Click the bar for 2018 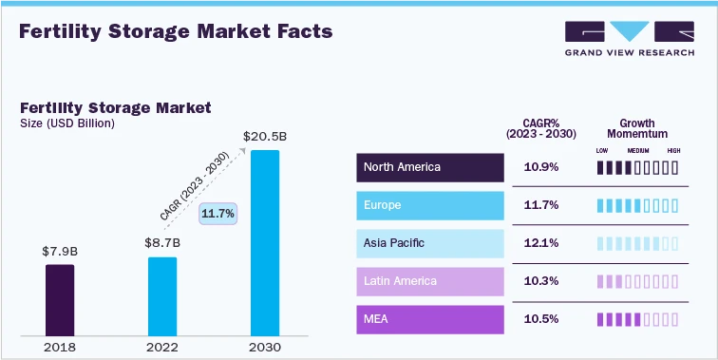tap(60, 299)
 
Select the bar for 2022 tap(162, 295)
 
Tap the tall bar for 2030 tap(264, 242)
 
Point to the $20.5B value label tap(264, 137)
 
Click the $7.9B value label tap(60, 252)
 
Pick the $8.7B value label tap(162, 243)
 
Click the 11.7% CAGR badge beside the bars tap(217, 214)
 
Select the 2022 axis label tap(162, 347)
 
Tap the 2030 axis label tap(264, 347)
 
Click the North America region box tap(430, 167)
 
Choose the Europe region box tap(430, 205)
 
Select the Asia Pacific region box tap(430, 243)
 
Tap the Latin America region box tap(430, 281)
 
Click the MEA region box tap(430, 319)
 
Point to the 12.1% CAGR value tap(541, 243)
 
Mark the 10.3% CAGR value tap(541, 281)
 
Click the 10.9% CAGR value tap(541, 167)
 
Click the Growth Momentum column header tap(637, 129)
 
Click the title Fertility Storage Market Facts tap(176, 31)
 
